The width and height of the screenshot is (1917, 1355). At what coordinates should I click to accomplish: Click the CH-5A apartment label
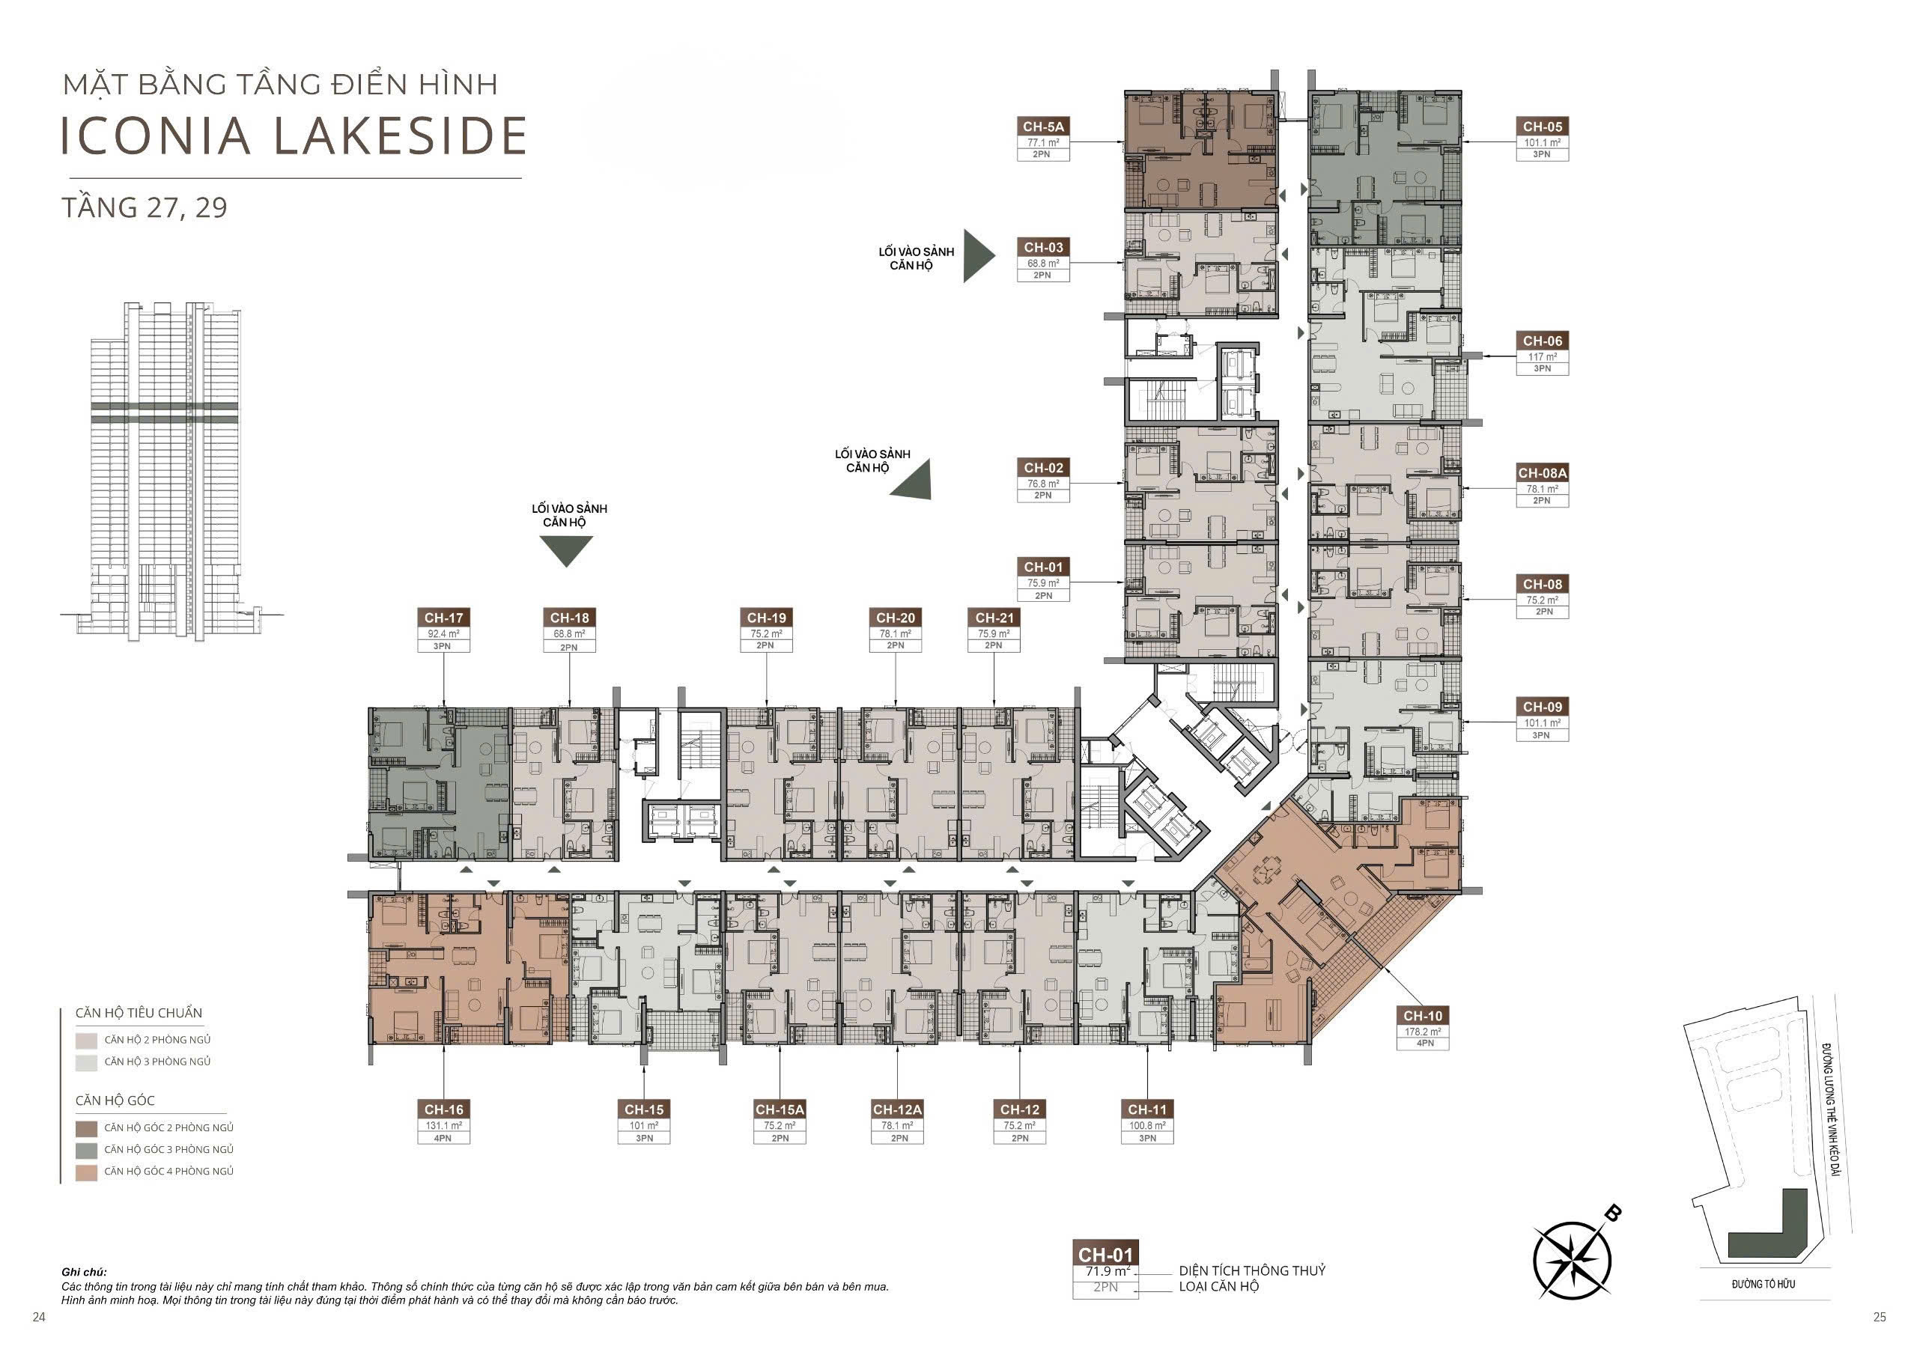tap(1043, 127)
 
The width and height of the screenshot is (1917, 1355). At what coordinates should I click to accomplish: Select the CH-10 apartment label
tap(1423, 1016)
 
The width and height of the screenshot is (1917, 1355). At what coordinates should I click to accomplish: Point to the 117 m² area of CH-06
tap(1542, 356)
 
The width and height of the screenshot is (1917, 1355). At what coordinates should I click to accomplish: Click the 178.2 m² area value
tap(1423, 1032)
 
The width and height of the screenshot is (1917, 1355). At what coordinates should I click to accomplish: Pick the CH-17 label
tap(443, 618)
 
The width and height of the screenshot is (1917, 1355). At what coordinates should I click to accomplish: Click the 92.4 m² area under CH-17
tap(443, 633)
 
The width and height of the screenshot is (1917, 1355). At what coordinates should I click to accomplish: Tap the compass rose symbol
tap(1573, 1260)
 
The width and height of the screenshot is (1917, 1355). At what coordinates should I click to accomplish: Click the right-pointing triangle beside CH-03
tap(979, 255)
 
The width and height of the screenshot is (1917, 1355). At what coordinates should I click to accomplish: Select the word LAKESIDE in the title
tap(401, 136)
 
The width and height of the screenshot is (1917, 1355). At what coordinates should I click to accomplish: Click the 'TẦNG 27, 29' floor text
tap(145, 207)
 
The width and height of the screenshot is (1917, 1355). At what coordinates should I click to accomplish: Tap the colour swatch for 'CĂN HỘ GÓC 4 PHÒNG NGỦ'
tap(86, 1172)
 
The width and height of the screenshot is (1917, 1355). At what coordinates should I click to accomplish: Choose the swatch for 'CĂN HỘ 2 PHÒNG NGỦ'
tap(86, 1041)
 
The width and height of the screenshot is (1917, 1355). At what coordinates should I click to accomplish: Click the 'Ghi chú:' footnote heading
tap(85, 1273)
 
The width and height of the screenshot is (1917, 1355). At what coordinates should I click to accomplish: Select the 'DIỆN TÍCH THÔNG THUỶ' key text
tap(1252, 1270)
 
